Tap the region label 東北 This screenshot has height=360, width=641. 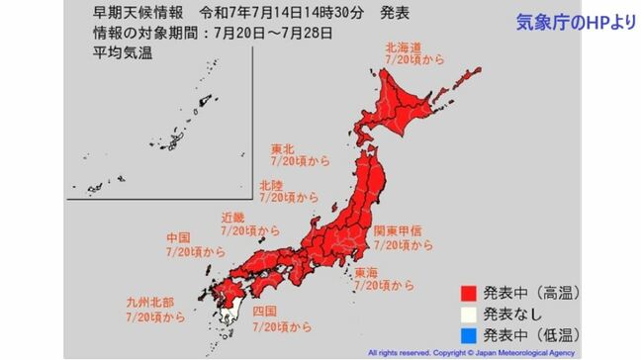pos(287,150)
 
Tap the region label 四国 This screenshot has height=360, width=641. pos(266,311)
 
